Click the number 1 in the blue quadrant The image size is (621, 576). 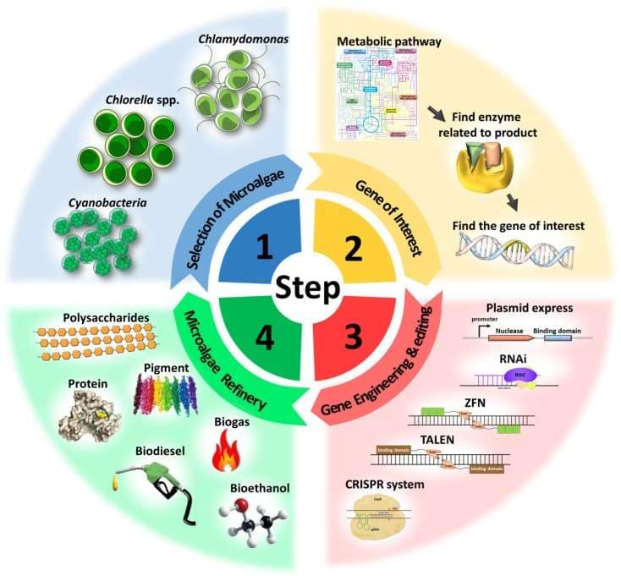coord(264,247)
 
